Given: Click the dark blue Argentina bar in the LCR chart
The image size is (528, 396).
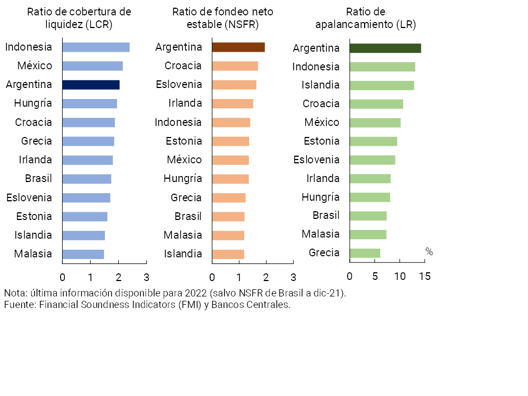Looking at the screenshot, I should [91, 85].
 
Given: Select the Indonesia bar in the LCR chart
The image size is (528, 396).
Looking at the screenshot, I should [96, 47].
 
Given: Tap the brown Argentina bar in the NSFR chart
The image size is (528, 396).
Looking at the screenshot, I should [238, 47].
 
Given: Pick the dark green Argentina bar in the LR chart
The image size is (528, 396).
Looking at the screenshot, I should [385, 48].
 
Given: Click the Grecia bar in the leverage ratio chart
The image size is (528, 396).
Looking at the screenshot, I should [365, 253].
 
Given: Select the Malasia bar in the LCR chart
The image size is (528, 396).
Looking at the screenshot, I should [83, 254].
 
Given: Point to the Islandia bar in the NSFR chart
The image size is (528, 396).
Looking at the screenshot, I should [228, 254].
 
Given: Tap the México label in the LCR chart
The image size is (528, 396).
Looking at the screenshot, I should [35, 66].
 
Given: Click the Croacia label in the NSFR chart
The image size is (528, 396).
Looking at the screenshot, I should [183, 66].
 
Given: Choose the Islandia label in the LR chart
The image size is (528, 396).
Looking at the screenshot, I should [321, 85].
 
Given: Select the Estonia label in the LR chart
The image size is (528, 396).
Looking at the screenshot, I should [322, 141].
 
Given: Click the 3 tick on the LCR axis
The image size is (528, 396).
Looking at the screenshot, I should [146, 276].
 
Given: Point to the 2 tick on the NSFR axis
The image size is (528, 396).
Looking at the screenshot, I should [266, 276].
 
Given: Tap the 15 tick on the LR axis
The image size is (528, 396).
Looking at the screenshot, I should [425, 276].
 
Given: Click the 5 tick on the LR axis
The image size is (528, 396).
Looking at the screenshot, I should [375, 276].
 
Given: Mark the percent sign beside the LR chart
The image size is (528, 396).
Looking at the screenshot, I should [429, 252].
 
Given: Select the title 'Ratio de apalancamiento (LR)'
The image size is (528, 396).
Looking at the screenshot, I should [365, 18].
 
